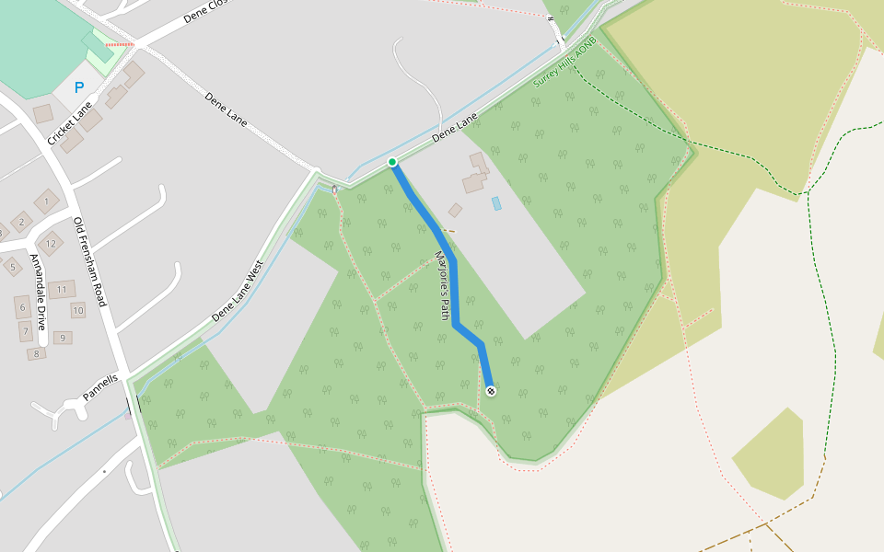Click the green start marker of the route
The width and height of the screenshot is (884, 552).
392,162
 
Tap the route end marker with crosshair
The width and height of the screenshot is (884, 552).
491,391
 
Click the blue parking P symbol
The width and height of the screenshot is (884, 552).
79,88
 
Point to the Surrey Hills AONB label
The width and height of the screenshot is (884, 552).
564,63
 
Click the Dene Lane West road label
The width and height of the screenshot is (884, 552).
238,291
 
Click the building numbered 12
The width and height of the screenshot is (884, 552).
51,244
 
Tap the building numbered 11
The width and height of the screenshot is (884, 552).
62,290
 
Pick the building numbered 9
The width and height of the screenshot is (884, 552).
64,338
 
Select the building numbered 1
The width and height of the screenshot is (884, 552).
46,201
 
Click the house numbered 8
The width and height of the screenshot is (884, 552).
37,353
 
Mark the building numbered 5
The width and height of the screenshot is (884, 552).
12,267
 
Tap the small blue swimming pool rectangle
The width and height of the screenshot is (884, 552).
496,203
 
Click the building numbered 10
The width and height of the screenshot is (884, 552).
78,310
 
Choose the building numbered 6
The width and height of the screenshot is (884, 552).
22,306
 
